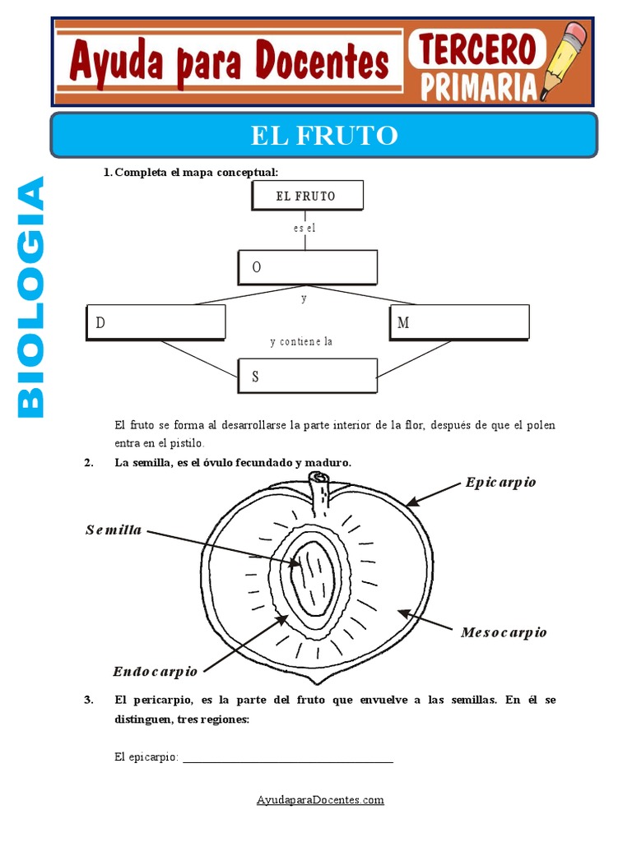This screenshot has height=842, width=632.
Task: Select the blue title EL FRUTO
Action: click(x=324, y=135)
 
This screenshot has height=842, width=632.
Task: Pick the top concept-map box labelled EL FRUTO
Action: click(x=305, y=197)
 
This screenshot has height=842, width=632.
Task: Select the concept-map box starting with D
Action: click(x=156, y=322)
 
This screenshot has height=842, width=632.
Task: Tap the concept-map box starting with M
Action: click(x=459, y=322)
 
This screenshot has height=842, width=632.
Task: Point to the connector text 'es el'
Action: click(x=304, y=229)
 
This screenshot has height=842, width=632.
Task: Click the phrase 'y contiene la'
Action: click(x=301, y=341)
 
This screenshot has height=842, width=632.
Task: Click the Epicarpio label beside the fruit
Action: click(x=500, y=482)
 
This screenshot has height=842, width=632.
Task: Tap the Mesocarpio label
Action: click(x=504, y=632)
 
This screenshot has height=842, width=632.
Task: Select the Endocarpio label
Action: click(x=156, y=672)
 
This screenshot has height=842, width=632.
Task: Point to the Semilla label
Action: click(x=114, y=530)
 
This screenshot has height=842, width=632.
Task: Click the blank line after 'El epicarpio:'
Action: click(x=287, y=758)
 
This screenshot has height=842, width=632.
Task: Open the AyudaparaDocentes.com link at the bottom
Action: click(x=320, y=799)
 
